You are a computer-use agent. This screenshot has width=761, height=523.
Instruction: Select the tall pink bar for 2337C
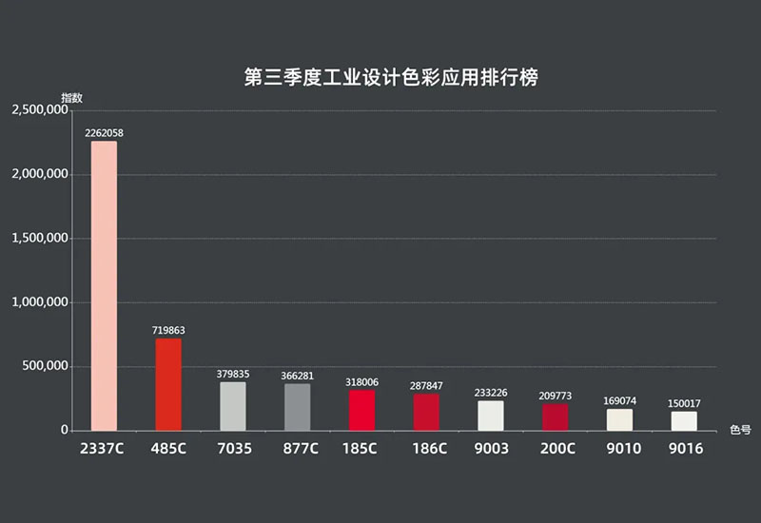pos(104,285)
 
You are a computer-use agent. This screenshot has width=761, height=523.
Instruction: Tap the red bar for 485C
pos(168,384)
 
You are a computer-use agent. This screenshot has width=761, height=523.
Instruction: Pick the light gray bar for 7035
pos(233,406)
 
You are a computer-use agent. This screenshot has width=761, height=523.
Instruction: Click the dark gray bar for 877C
pos(298,407)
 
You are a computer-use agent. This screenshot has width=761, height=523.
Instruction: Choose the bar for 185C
pos(362,410)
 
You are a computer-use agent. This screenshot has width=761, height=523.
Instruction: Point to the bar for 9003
pos(491,416)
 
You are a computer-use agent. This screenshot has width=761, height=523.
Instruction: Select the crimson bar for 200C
pos(556,416)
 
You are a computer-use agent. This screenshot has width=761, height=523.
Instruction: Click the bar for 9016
pos(684,420)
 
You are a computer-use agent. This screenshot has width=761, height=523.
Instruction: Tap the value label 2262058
pos(104,133)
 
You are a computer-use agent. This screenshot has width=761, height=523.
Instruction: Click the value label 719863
pos(168,330)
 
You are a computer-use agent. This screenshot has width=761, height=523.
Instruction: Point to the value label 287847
pos(426,386)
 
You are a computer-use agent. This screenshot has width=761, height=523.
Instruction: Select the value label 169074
pos(619,400)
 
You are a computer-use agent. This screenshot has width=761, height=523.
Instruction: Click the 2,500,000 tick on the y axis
pos(39,110)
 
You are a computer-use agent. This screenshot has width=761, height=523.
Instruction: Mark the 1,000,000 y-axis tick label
pos(39,302)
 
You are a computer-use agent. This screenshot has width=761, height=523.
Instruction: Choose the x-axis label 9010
pos(620,448)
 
